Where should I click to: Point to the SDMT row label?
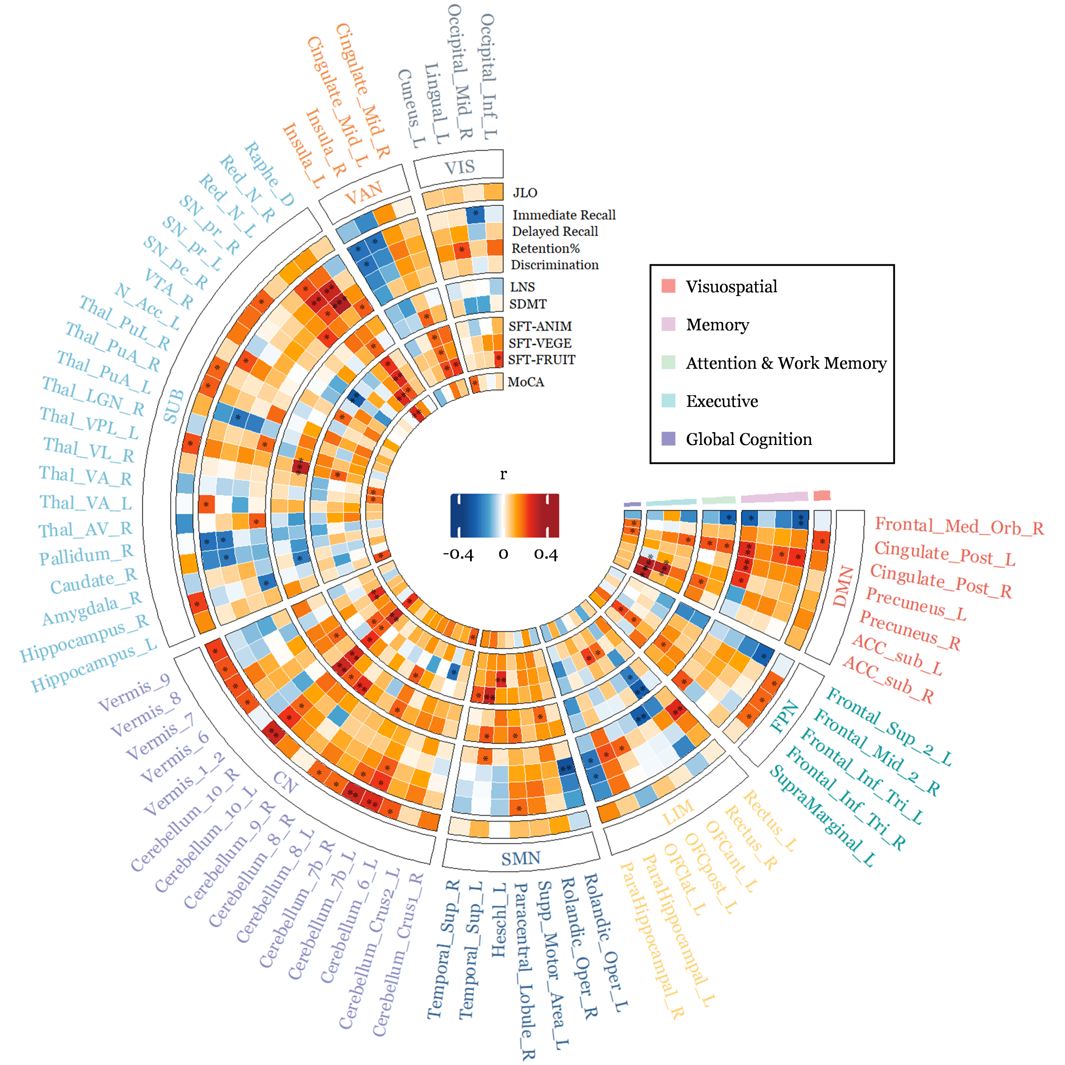[x=527, y=304]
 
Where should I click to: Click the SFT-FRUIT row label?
[x=541, y=360]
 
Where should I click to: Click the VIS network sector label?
[x=459, y=167]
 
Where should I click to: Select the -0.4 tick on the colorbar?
[x=458, y=554]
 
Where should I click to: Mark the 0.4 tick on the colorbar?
[x=546, y=554]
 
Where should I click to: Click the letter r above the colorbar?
[x=503, y=474]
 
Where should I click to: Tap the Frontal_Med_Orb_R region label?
[x=959, y=527]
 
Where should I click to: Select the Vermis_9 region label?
[x=134, y=693]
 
